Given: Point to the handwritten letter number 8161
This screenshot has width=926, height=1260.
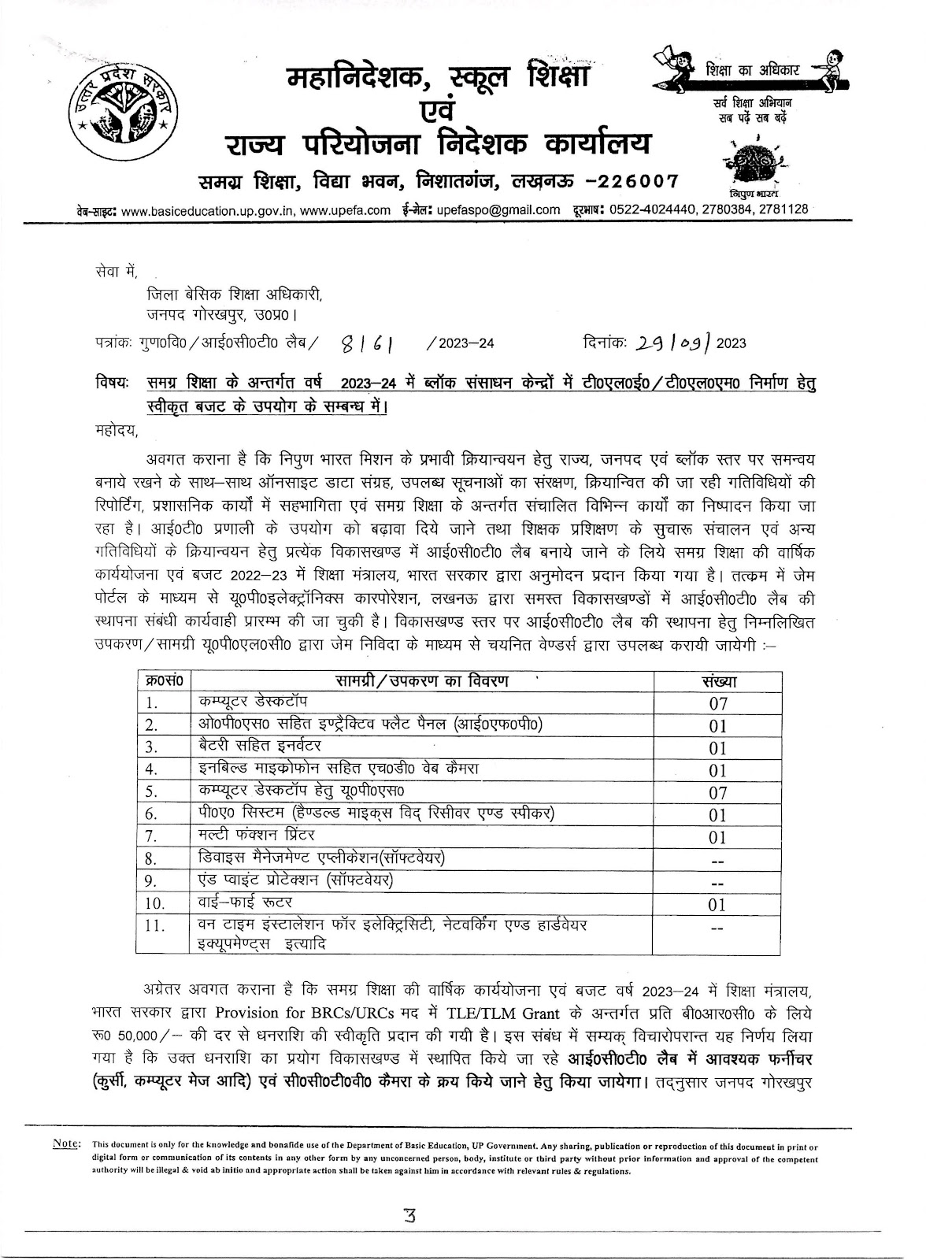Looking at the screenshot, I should coord(368,343).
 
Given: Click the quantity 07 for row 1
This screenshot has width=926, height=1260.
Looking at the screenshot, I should coord(717,703).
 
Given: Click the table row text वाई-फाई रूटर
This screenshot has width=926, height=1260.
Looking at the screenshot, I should coord(245,902).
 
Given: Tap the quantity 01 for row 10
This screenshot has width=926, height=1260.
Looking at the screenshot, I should coord(717,905).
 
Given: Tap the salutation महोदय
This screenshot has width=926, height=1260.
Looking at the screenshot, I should coord(115,430).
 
